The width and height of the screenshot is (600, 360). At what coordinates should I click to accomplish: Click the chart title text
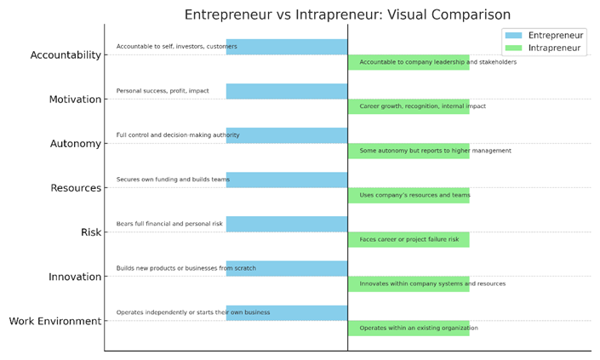tap(347, 15)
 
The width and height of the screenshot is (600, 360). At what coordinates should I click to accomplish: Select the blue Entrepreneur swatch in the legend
tap(513, 35)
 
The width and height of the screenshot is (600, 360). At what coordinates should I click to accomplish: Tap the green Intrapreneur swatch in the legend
tap(513, 48)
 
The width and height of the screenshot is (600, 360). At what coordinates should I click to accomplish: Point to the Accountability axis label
tap(66, 55)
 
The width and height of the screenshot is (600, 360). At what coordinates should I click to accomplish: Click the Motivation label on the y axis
tap(76, 100)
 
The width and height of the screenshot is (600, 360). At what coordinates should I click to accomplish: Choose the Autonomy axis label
tap(76, 144)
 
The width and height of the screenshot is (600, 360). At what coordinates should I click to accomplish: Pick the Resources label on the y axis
tap(76, 188)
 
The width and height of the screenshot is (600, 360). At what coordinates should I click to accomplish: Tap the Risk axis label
tap(91, 232)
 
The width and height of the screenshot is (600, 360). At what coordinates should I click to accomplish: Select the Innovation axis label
tap(75, 277)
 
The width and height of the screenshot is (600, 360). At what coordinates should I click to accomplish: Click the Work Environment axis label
tap(55, 321)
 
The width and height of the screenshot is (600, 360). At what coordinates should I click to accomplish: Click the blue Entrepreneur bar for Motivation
tap(287, 91)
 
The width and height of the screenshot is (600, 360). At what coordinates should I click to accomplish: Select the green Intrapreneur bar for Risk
tap(409, 239)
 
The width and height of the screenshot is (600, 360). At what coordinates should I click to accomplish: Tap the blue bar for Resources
tap(287, 180)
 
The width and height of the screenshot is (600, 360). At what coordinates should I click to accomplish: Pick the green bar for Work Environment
tap(409, 329)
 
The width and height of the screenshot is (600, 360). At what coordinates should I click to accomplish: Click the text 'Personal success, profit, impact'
tap(163, 91)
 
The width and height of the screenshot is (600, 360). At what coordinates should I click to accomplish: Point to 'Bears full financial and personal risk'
tap(169, 224)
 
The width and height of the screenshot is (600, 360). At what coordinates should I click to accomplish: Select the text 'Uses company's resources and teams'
tap(414, 195)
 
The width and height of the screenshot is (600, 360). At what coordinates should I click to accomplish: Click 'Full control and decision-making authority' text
tap(178, 135)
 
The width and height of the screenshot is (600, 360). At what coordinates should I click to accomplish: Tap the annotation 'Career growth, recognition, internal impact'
tap(422, 106)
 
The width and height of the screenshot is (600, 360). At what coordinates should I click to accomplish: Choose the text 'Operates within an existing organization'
tap(419, 328)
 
